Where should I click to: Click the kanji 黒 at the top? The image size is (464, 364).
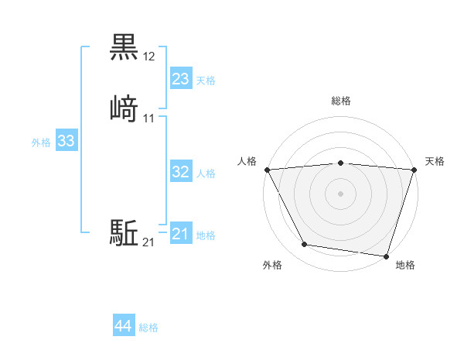click(x=124, y=48)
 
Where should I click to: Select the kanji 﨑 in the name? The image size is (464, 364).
click(x=124, y=108)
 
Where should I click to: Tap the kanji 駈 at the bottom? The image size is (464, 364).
click(x=124, y=232)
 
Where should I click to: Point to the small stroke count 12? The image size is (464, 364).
click(x=149, y=57)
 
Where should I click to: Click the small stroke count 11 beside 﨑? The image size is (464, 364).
click(x=149, y=118)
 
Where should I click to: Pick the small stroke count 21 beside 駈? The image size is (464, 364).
click(x=148, y=243)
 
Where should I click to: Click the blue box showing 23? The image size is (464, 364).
click(x=181, y=78)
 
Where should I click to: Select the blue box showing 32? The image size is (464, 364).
click(x=181, y=172)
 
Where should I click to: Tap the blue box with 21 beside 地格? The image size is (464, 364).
click(x=181, y=234)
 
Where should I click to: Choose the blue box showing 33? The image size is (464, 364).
click(x=66, y=141)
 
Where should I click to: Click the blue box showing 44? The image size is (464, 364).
click(x=124, y=326)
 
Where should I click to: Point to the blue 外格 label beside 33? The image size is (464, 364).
click(x=41, y=143)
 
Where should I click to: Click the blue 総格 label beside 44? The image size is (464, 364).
click(x=148, y=328)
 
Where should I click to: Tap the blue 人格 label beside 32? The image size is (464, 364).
click(x=206, y=173)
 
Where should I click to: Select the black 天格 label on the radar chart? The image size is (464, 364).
click(x=435, y=161)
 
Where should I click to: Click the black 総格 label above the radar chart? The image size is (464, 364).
click(x=341, y=101)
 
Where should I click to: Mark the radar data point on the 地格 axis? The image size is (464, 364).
click(x=387, y=256)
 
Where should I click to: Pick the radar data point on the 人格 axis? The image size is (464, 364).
click(x=267, y=169)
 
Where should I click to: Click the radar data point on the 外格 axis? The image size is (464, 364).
click(x=305, y=245)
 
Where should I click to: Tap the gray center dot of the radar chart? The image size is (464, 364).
click(x=341, y=194)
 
